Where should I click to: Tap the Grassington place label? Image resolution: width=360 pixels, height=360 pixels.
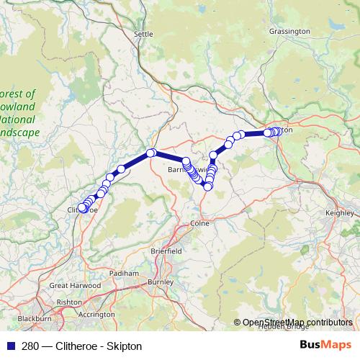(289, 32)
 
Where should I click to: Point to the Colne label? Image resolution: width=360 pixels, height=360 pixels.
(199, 223)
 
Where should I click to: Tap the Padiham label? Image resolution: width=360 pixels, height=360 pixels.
(125, 274)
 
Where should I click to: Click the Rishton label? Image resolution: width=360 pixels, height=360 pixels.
(68, 302)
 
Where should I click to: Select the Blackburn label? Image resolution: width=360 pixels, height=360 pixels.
(34, 318)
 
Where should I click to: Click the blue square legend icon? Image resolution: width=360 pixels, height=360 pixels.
(9, 346)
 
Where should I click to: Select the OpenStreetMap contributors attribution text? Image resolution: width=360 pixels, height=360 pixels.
(297, 323)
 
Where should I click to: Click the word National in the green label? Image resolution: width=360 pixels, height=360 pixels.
(20, 120)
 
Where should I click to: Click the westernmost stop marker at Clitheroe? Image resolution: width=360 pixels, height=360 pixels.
(81, 209)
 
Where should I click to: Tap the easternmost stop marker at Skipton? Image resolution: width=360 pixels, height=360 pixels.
(279, 131)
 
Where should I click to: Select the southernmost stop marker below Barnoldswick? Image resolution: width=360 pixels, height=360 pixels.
(207, 186)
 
